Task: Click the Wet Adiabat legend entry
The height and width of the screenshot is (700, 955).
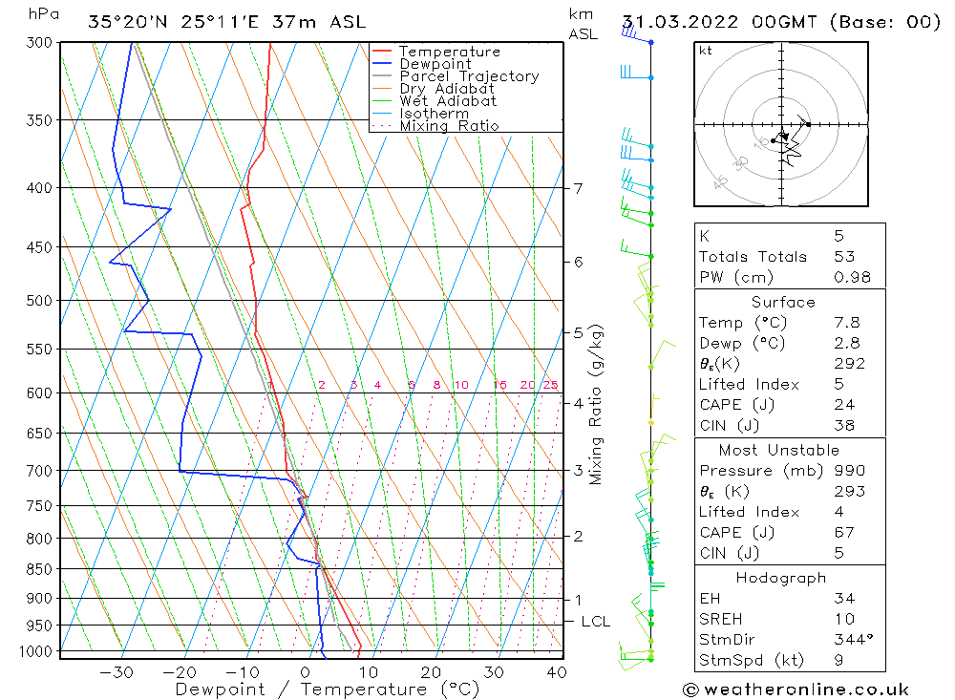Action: pyautogui.click(x=448, y=101)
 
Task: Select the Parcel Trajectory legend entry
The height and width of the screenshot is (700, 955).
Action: pyautogui.click(x=469, y=76)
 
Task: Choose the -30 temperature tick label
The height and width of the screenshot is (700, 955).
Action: pyautogui.click(x=117, y=671)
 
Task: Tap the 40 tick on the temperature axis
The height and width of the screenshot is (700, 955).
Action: pyautogui.click(x=556, y=671)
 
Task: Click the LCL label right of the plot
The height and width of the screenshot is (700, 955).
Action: pyautogui.click(x=595, y=622)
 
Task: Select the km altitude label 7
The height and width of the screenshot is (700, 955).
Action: pyautogui.click(x=579, y=188)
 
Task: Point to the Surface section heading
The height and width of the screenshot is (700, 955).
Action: pyautogui.click(x=783, y=303)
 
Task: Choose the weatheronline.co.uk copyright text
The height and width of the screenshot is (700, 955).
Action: pyautogui.click(x=796, y=689)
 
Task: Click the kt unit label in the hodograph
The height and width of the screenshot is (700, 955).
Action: pyautogui.click(x=706, y=51)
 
